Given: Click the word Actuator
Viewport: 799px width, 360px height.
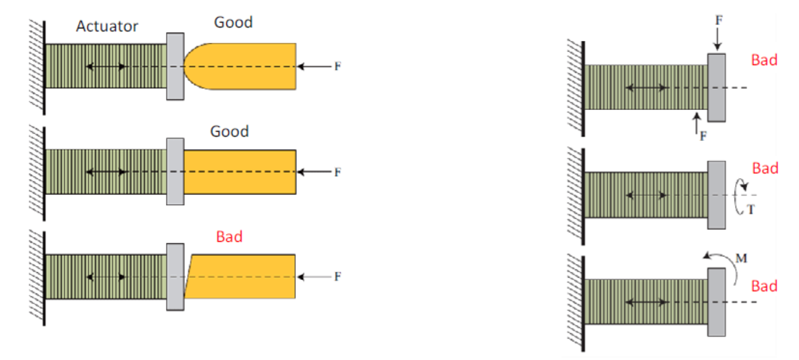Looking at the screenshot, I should (x=107, y=26).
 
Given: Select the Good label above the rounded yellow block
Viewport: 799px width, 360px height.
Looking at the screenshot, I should (x=233, y=22).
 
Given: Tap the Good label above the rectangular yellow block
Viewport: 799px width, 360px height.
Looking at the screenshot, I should (x=229, y=131).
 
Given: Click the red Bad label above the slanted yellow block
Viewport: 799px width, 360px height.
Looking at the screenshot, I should (x=229, y=236).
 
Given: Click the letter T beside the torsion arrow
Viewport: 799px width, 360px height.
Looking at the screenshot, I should (x=750, y=210).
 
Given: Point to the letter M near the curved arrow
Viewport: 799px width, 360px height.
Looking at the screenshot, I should (x=741, y=258).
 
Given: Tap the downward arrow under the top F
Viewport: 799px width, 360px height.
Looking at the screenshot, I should (x=718, y=39).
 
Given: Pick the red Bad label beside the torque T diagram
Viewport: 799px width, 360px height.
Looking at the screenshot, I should (x=765, y=168).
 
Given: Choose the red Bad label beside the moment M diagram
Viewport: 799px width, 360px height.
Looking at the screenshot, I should (x=764, y=286).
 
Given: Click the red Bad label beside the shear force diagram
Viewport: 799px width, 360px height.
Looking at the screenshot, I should (x=764, y=60).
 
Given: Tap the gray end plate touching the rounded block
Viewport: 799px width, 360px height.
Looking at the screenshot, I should (x=175, y=66).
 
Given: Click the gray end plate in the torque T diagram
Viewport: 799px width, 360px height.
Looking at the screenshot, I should (x=716, y=195).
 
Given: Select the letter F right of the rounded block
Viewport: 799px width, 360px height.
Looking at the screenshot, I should (x=337, y=66).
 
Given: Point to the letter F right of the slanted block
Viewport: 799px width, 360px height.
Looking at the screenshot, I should (x=337, y=276).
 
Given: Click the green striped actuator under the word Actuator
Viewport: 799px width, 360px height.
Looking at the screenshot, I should (x=106, y=66).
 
